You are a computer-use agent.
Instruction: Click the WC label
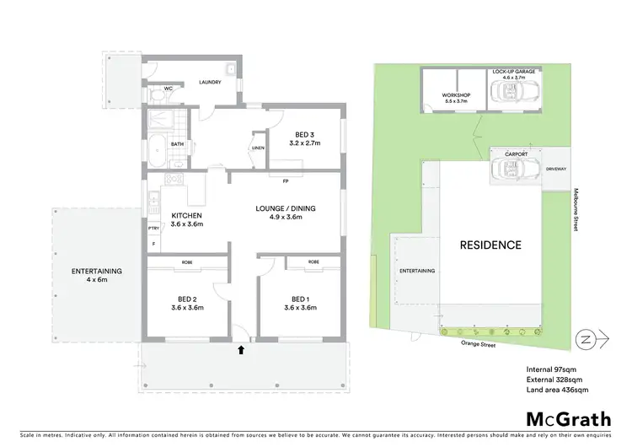click(168, 88)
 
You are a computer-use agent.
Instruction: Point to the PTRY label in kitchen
click(153, 229)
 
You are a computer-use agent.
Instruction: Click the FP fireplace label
click(286, 180)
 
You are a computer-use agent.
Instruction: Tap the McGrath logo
click(568, 419)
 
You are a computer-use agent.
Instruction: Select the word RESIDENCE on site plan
click(490, 245)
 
